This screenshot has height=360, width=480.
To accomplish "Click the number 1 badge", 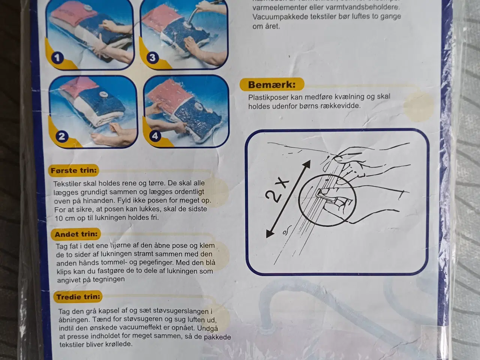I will coord(57,58).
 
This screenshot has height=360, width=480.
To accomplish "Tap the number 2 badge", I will coord(62,136).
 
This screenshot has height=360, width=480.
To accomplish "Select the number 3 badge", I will coord(152,58).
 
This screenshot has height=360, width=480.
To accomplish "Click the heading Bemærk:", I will coord(271,85).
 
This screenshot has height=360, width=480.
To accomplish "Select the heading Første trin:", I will coord(73,171).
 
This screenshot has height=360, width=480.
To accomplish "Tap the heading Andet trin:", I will coord(76,234).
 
